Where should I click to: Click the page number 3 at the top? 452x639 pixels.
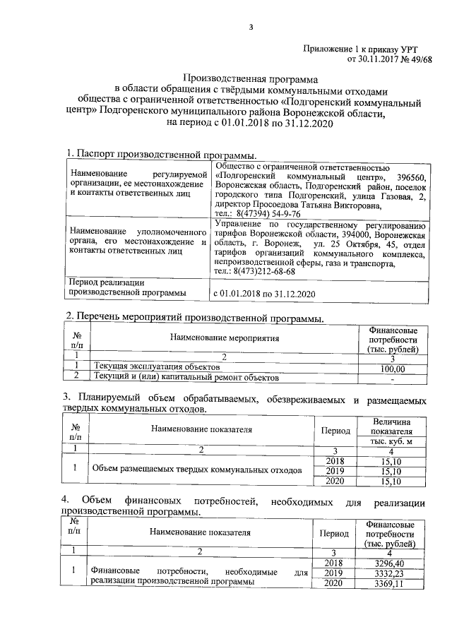(251, 28)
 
